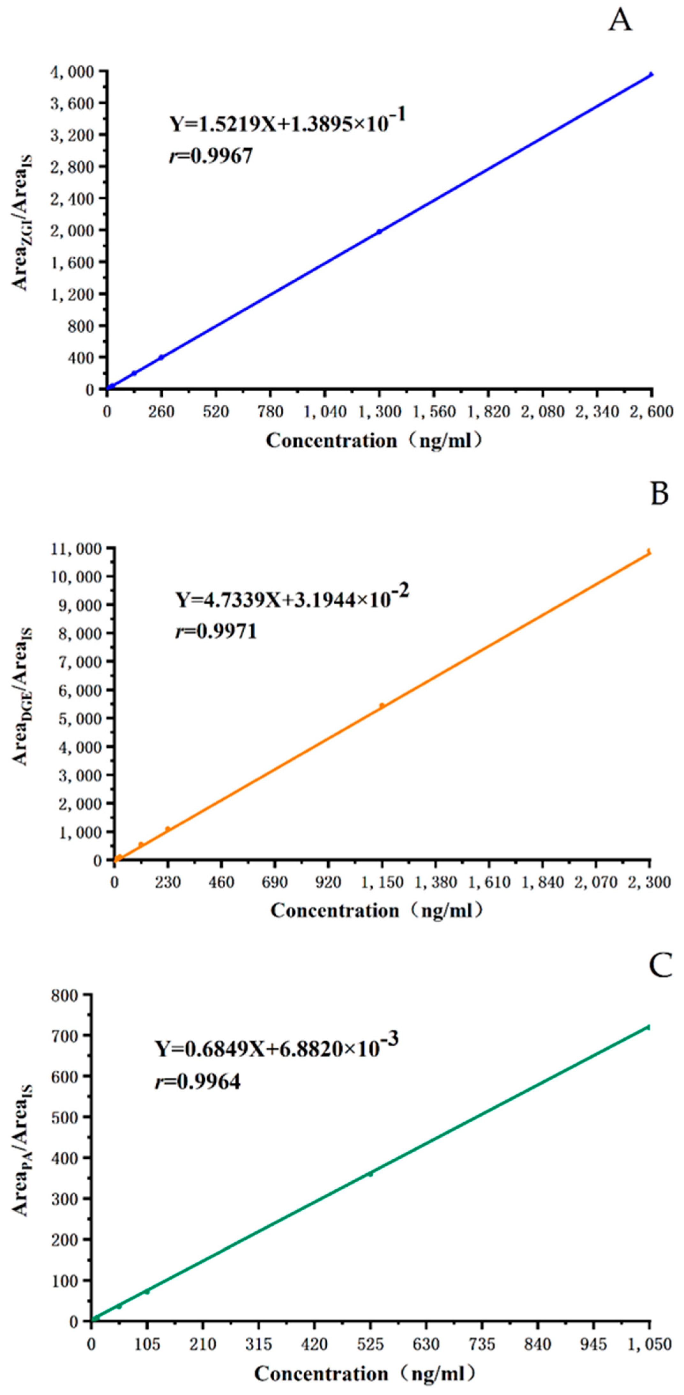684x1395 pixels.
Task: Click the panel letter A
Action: [620, 22]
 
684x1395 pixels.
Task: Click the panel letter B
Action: [659, 494]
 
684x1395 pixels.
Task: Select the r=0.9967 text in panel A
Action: [211, 157]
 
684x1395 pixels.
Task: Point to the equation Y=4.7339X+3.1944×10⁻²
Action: [291, 600]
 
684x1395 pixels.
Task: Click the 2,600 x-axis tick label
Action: [651, 412]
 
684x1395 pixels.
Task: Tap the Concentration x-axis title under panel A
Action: [374, 441]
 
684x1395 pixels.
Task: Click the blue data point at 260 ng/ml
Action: [161, 358]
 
